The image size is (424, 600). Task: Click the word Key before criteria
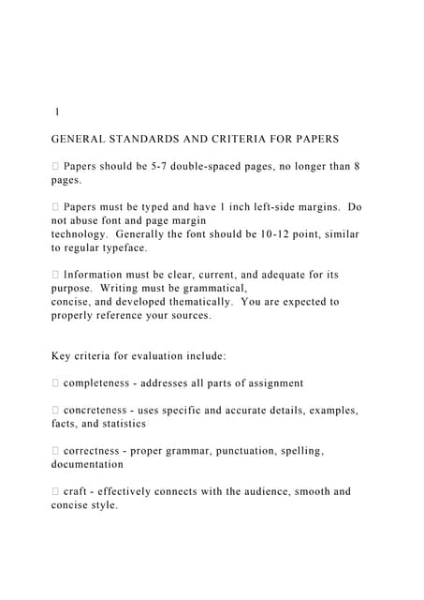[63, 356]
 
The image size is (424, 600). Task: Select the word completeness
[104, 383]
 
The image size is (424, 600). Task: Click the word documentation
[87, 464]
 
